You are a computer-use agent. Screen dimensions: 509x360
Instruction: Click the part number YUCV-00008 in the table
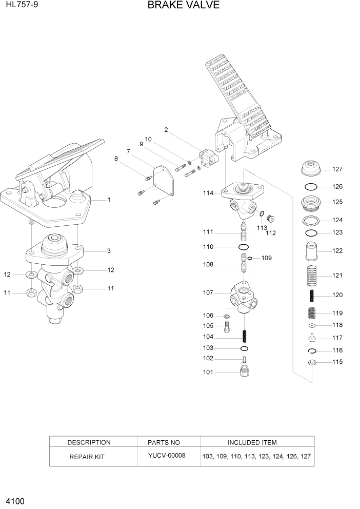coord(167,456)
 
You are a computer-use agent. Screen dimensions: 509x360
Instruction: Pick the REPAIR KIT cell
coord(87,456)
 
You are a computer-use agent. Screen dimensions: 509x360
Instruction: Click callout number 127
coord(337,169)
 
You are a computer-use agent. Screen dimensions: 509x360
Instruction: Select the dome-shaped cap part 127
coord(311,168)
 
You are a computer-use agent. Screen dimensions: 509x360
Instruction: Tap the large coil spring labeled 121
coord(311,276)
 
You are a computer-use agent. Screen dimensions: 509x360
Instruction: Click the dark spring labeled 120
coord(311,296)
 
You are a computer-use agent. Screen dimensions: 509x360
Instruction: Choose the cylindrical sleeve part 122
coord(311,251)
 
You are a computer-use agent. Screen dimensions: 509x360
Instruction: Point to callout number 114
coord(208,193)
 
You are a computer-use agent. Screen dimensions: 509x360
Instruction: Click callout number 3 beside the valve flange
coord(109,251)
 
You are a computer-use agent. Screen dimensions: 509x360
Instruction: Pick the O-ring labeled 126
coord(311,187)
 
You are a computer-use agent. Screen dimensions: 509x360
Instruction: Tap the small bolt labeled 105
coord(226,326)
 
